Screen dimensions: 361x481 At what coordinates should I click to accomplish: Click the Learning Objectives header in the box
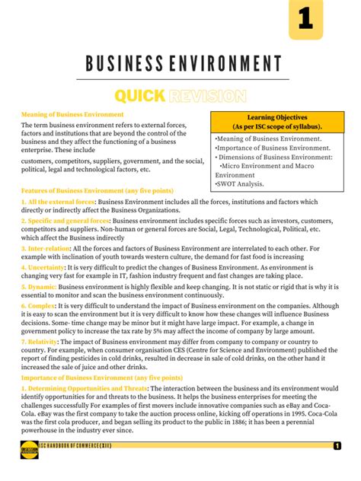coord(277,122)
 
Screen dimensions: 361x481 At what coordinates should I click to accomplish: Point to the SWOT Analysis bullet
coord(240,183)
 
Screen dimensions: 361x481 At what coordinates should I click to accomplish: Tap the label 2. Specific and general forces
coord(65,220)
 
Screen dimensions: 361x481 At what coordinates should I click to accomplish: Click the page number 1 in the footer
coord(337,446)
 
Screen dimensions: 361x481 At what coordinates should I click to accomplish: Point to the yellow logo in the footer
coord(31,448)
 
